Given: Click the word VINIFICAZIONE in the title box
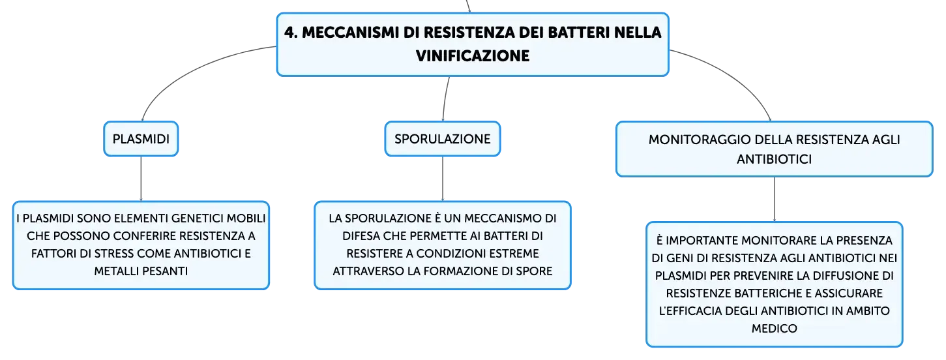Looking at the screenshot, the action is tap(473, 56).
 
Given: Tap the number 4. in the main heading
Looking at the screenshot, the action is tap(291, 32).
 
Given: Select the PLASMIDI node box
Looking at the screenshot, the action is tap(141, 139).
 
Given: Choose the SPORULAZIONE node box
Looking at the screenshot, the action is tap(443, 139).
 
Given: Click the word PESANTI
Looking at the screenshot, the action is tap(165, 271).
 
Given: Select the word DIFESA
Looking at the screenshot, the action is tap(361, 235).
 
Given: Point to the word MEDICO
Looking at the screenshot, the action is tap(774, 328).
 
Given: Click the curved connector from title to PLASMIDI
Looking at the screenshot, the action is tap(190, 70).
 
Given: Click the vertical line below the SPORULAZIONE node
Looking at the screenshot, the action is tap(443, 179).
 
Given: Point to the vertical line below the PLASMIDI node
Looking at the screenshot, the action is tap(141, 179).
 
